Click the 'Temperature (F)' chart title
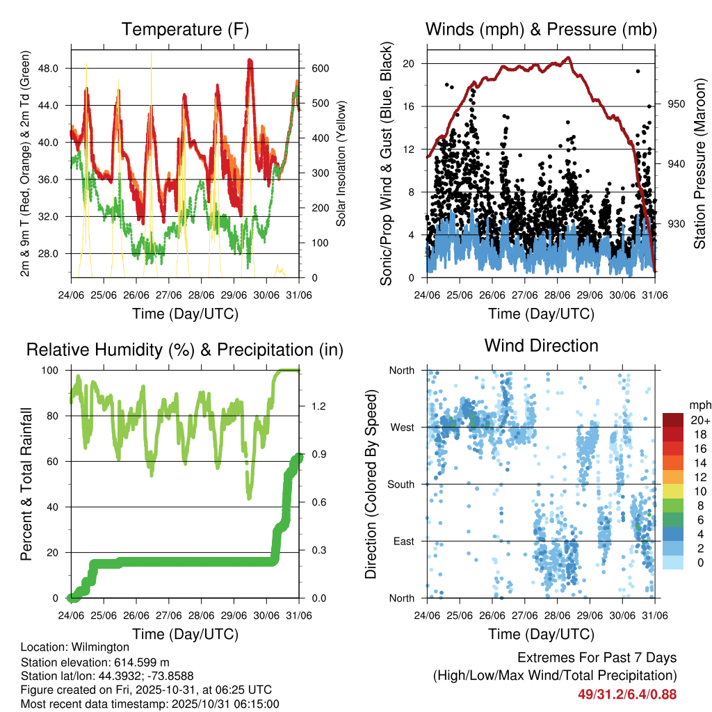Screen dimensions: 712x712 coord(185,29)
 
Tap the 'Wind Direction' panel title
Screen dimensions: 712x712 coord(541,346)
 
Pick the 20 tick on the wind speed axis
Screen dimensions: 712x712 coord(409,63)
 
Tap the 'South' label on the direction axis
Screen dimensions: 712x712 coord(400,484)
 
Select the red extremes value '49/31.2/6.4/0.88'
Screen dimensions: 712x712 coord(627,694)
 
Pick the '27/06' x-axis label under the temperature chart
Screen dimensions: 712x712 coord(169,294)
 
